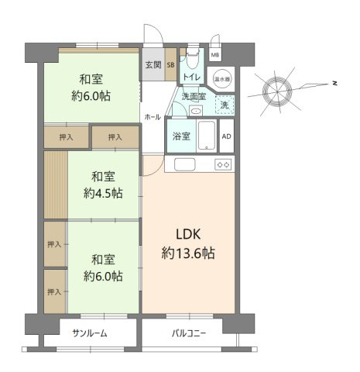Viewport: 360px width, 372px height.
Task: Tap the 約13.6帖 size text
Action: coord(189,253)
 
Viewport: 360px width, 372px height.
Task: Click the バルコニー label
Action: coord(189,333)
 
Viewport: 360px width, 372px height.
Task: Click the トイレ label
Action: coord(192,77)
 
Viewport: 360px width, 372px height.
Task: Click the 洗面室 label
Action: coord(194,97)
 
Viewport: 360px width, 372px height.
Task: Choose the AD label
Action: coord(226,136)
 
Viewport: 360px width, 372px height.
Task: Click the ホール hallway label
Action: coord(152,117)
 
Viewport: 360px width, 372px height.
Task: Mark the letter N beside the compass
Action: coord(333,82)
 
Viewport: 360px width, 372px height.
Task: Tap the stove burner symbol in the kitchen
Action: coord(224,164)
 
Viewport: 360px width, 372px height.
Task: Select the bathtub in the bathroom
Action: coord(205,136)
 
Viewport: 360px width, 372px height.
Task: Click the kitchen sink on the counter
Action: coord(185,164)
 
